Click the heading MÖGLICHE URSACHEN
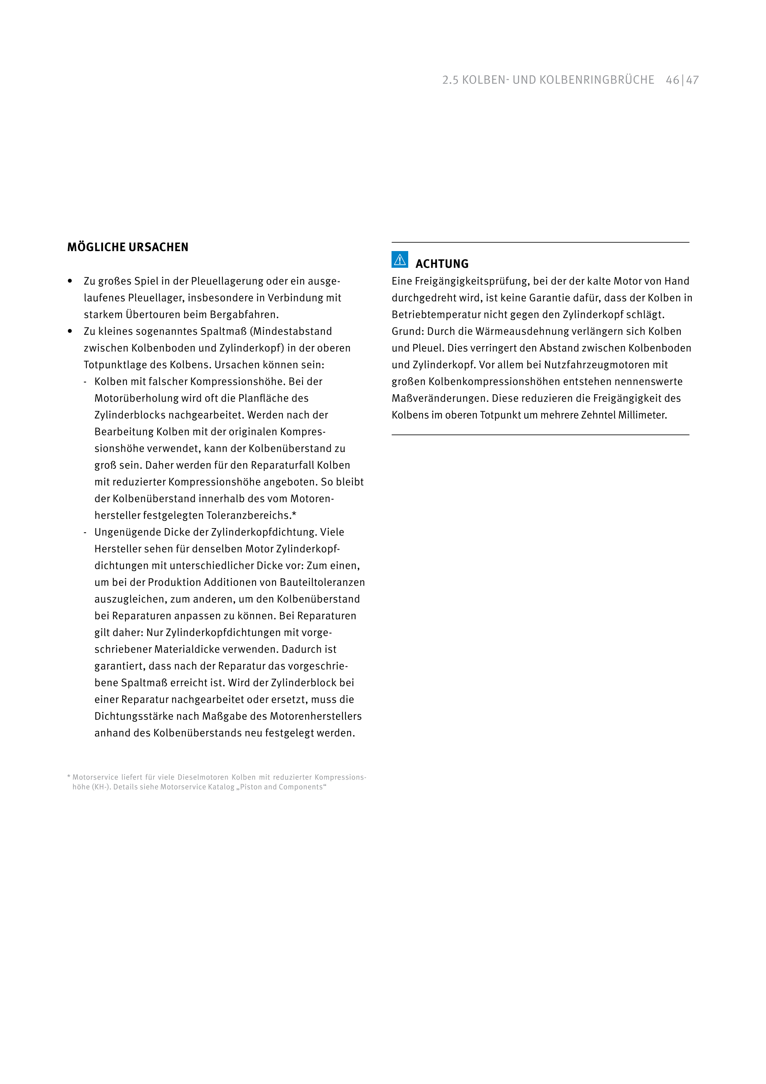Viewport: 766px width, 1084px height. pos(128,247)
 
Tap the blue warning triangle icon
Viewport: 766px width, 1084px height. pos(400,259)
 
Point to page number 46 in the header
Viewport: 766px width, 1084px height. pos(672,80)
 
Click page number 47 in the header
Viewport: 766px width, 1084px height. pos(692,80)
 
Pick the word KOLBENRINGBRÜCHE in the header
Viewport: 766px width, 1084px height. pos(597,80)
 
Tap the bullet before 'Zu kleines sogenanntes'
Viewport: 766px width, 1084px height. pos(70,331)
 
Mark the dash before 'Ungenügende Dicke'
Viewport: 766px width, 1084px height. pos(85,533)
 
